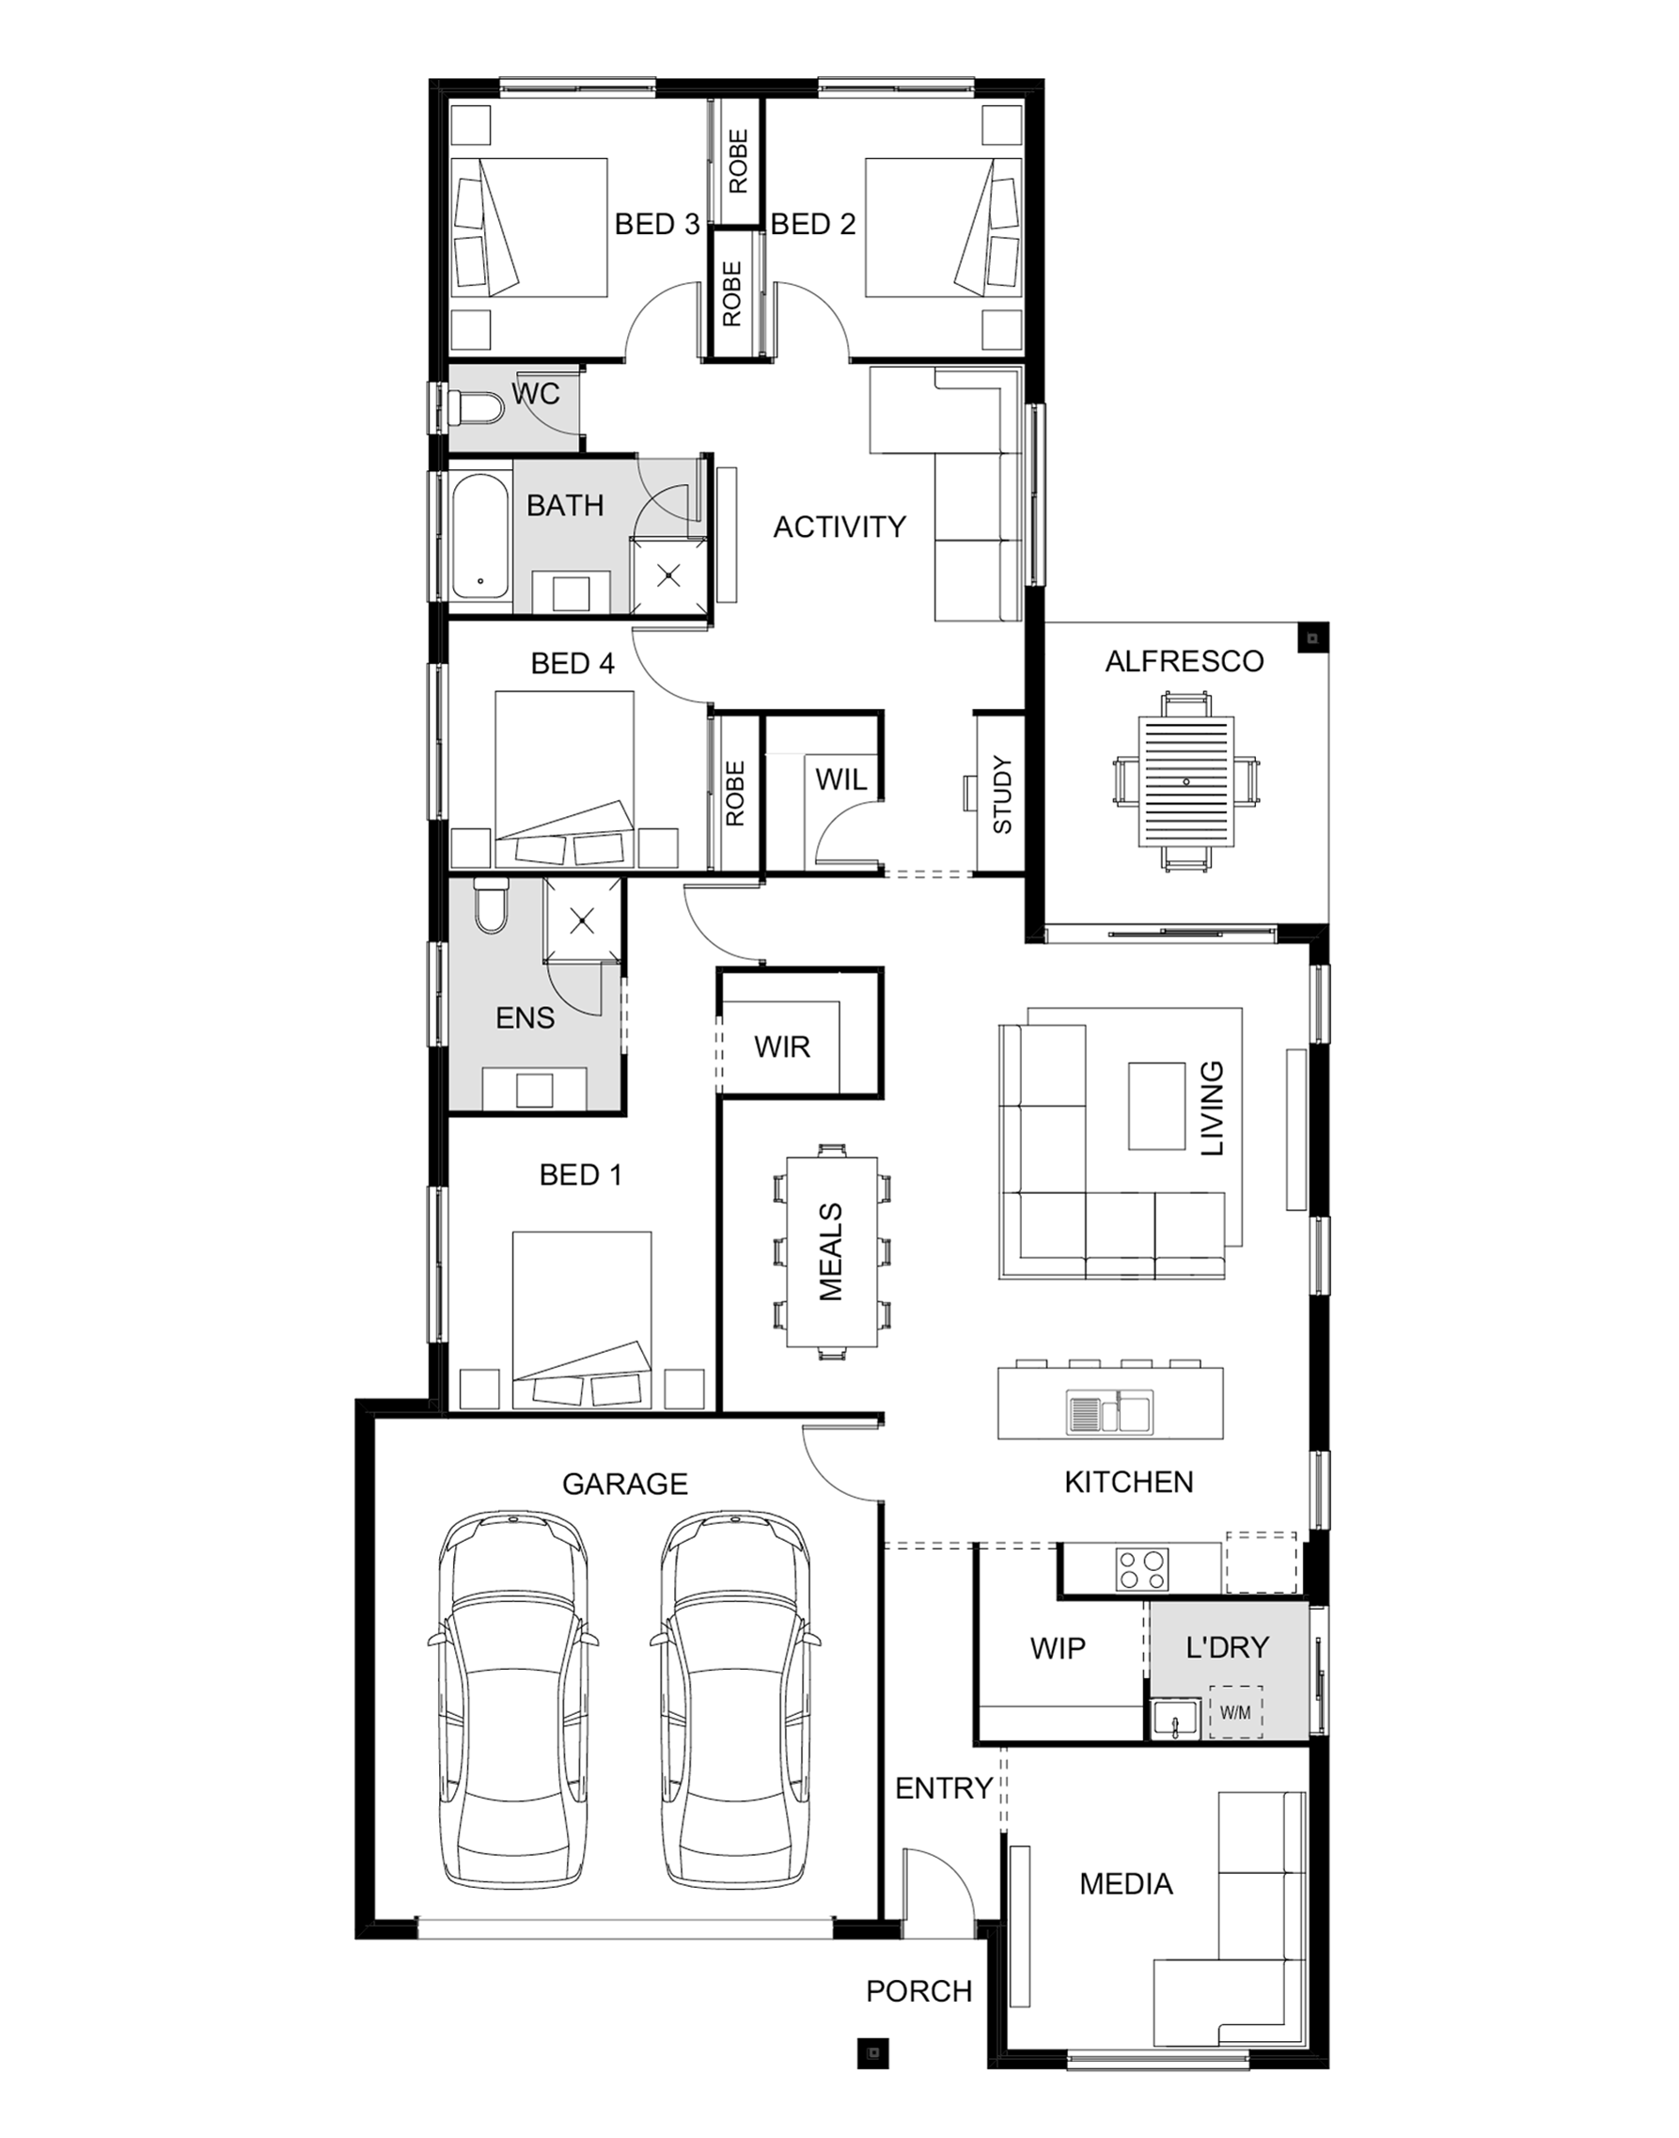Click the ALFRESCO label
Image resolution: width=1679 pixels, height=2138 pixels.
pos(1184,661)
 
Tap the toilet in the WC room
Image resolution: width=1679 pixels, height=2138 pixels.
pos(474,408)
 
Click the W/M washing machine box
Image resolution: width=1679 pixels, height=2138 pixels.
pos(1235,1712)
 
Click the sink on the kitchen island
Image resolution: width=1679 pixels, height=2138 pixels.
pos(1110,1412)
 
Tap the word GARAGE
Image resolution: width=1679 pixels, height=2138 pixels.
pos(624,1484)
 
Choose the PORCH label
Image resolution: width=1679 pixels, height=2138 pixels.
pos(918,1990)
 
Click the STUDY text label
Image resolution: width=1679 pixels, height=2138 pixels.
pos(1002,794)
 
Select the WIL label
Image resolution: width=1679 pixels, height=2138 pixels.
pos(840,779)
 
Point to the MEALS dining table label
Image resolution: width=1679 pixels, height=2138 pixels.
pos(831,1251)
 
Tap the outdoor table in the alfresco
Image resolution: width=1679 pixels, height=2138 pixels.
pos(1185,781)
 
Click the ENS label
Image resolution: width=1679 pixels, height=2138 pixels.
pos(525,1017)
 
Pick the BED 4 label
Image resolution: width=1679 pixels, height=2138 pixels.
pos(573,664)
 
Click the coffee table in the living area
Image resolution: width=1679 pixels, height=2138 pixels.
pos(1156,1105)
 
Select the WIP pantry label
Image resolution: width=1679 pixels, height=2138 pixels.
pos(1058,1647)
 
